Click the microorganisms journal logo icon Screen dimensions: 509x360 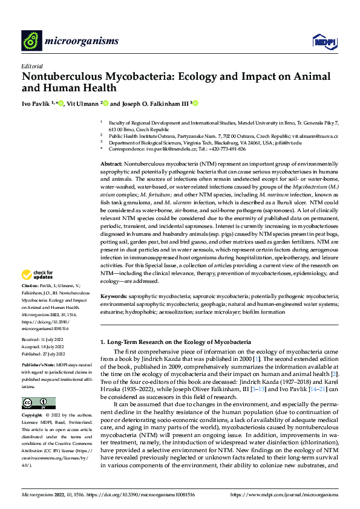point(31,41)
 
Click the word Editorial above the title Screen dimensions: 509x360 point(32,66)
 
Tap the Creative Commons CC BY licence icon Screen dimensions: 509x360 point(38,403)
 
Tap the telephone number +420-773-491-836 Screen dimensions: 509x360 point(224,149)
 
